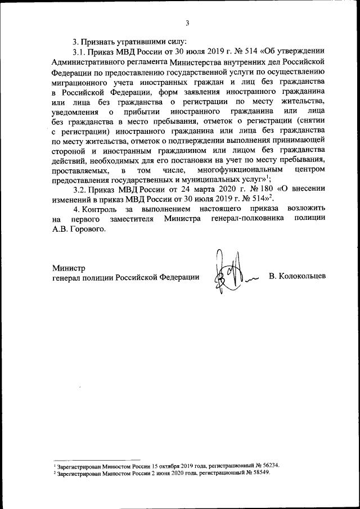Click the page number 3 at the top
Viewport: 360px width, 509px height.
coord(187,23)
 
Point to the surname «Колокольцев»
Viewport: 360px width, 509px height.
coord(298,278)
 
